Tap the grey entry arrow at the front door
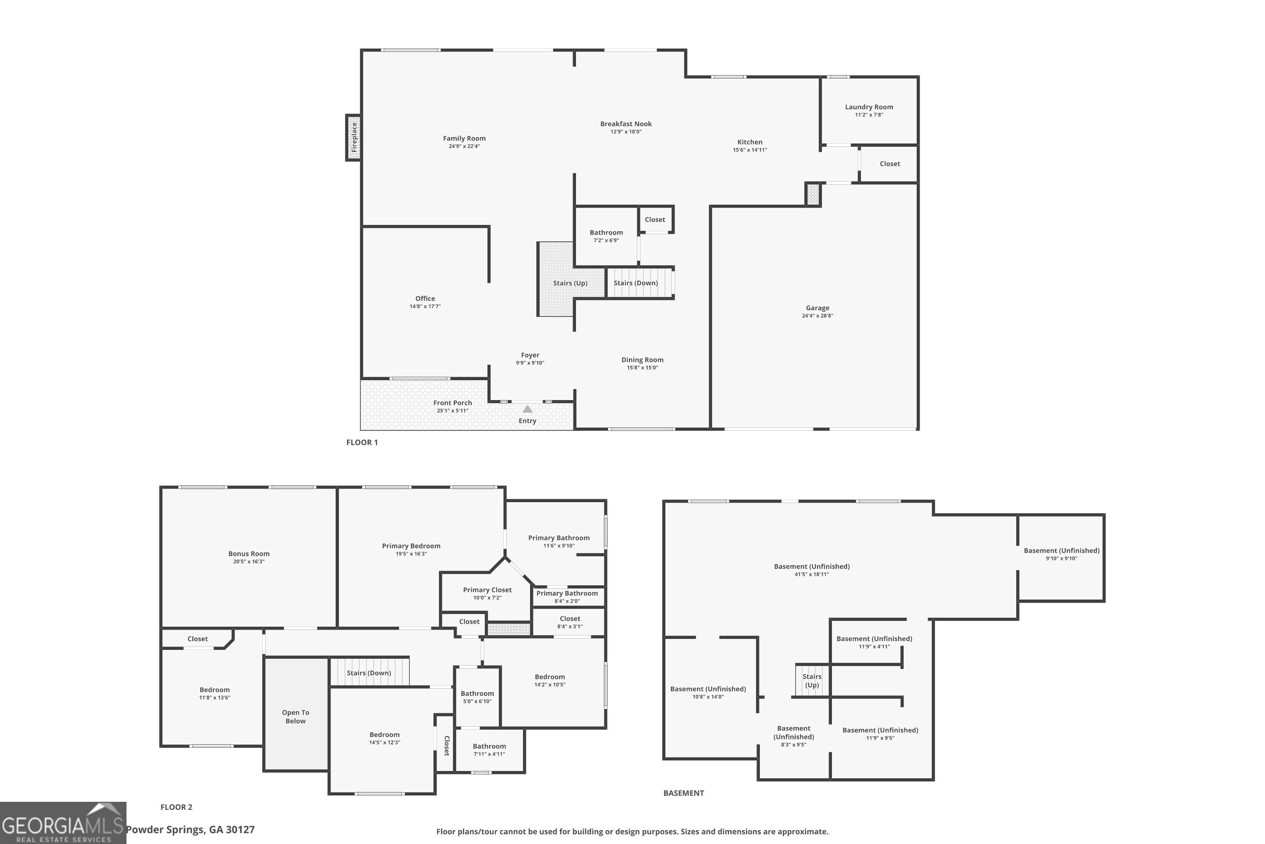click(x=527, y=409)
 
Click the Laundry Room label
click(x=869, y=107)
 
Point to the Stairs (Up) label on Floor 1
click(x=570, y=283)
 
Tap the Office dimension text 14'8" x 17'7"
click(x=425, y=306)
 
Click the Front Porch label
click(x=452, y=403)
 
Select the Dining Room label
click(x=642, y=360)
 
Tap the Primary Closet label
click(x=487, y=590)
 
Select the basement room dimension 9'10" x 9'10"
click(x=1061, y=558)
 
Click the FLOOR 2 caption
click(x=176, y=807)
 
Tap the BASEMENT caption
click(x=683, y=793)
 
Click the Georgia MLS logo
click(x=63, y=823)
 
